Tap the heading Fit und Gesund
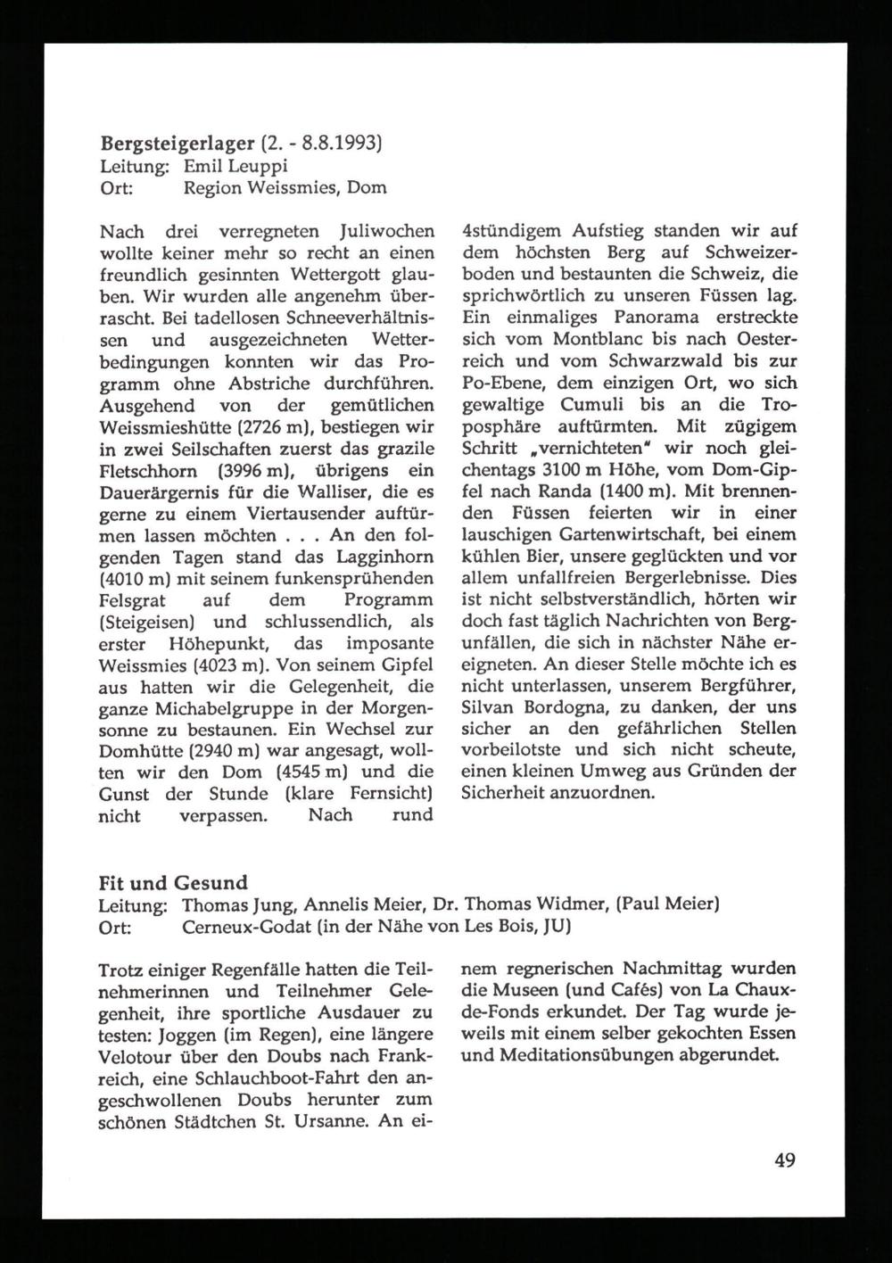pos(172,883)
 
